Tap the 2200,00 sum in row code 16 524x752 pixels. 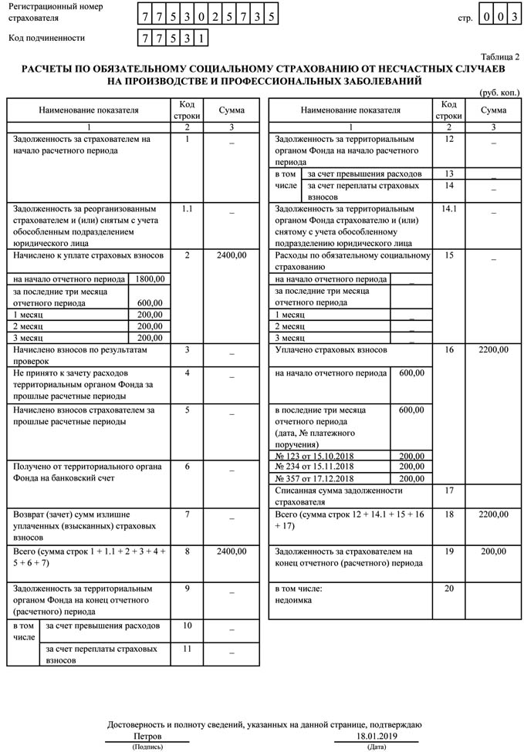click(x=493, y=349)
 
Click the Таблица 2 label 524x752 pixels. click(x=500, y=56)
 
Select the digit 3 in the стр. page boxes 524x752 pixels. click(x=511, y=15)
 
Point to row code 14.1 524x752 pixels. click(x=449, y=208)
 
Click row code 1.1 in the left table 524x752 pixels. click(x=187, y=208)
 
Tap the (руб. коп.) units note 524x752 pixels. click(x=499, y=92)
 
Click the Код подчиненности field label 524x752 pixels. click(x=47, y=38)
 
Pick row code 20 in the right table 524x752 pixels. click(x=449, y=588)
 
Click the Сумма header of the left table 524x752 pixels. click(x=232, y=110)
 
